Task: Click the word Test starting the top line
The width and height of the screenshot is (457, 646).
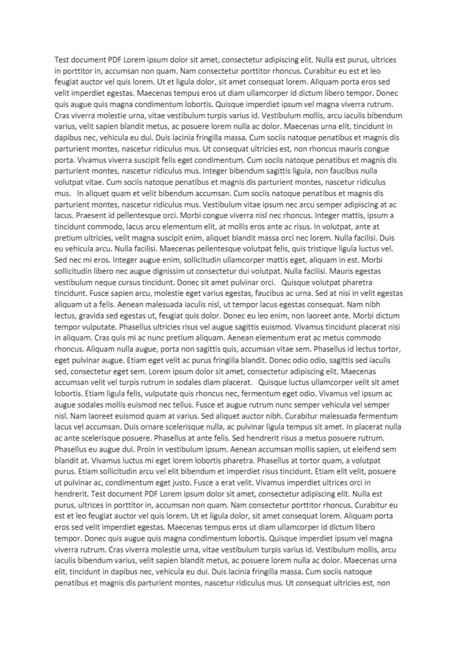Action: coord(62,61)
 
